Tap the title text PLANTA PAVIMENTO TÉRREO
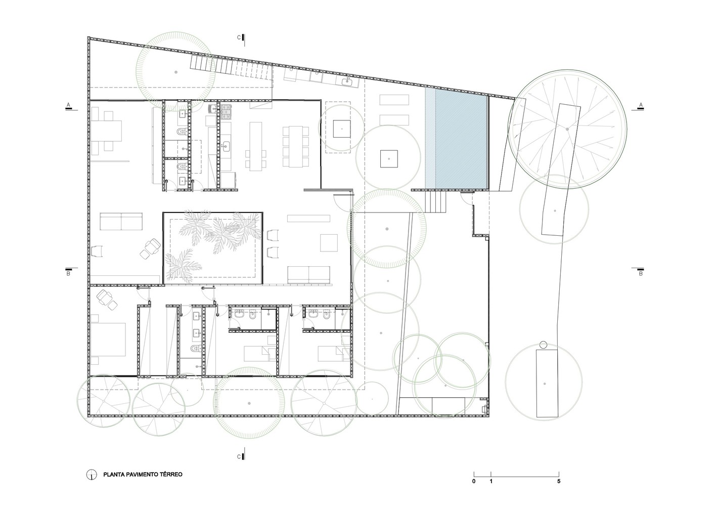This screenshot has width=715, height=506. pos(143,475)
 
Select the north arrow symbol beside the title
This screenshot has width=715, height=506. pos(92,475)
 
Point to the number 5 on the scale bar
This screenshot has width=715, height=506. pos(559,481)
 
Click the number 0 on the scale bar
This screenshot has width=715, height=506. pos(474,481)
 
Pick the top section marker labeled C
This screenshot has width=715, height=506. pos(241,37)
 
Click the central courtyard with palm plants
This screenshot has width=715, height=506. pos(213,247)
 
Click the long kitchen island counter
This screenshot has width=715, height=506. pos(256,146)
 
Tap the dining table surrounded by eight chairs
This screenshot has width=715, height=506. pos(296,147)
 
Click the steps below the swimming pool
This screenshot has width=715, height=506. pos(435,201)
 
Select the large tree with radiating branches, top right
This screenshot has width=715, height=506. pos(567,130)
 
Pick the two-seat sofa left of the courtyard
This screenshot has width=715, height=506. pos(121,222)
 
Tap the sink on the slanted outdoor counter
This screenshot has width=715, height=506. pos(346,82)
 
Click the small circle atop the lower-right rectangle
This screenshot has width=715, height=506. pos(543,345)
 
